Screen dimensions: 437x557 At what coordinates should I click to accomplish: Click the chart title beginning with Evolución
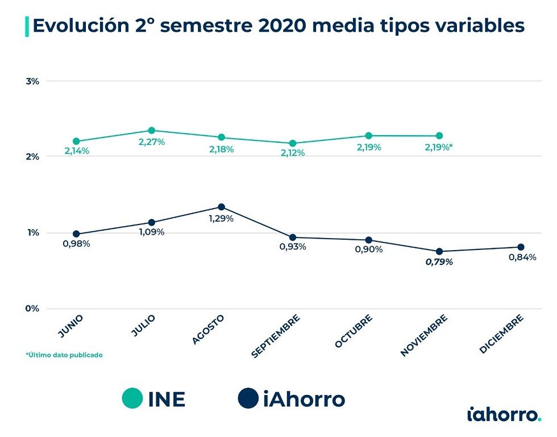pos(278,26)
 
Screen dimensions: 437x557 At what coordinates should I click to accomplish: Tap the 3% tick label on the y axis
pos(32,81)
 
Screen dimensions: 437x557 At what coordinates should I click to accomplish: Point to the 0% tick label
pos(32,309)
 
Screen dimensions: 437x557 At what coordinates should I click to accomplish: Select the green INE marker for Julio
pos(152,131)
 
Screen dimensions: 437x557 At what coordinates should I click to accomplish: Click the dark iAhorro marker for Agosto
pos(222,207)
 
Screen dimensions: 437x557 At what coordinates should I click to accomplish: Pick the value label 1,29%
pos(222,219)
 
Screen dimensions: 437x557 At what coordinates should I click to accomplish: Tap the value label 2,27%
pos(152,142)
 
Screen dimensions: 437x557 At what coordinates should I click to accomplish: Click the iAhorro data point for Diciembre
pos(521,247)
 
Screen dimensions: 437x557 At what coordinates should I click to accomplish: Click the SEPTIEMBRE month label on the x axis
pos(276,336)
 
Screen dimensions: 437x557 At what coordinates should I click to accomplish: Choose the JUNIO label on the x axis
pos(71,326)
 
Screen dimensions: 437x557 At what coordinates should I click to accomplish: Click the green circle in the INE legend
pos(132,398)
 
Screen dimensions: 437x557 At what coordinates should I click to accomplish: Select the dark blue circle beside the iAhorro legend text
pos(249,398)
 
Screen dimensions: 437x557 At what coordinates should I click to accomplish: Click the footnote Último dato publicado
pos(64,355)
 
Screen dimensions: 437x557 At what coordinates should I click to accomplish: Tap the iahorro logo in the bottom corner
pos(504,414)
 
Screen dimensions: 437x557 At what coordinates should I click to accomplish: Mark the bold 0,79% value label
pos(439,262)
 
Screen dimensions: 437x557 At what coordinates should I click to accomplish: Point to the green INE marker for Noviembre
pos(439,136)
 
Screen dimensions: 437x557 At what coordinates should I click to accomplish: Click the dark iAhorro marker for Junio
pos(76,234)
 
